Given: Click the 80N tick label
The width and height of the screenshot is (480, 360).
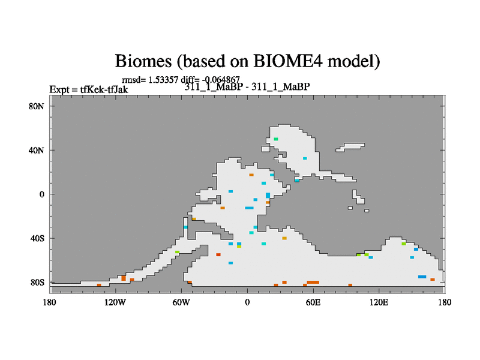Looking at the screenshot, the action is tap(37, 107).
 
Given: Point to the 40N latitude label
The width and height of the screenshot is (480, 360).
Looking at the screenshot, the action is tap(37, 151).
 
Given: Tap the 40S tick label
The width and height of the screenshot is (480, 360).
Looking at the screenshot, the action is tap(37, 238).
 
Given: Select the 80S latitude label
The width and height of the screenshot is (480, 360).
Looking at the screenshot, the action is tap(37, 282).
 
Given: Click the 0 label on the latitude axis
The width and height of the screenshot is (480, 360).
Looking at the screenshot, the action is tap(41, 194).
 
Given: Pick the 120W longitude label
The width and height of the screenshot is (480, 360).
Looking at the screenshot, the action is tap(115, 302).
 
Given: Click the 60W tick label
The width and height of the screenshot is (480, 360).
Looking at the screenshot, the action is tap(181, 302).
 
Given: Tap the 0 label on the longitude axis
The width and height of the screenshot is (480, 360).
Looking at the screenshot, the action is tap(247, 302).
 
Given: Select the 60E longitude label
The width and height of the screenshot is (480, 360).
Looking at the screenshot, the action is tap(313, 302).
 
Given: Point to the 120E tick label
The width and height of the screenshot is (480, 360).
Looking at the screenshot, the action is tap(379, 302).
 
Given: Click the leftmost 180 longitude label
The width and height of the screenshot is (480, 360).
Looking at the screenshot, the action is tap(50, 302).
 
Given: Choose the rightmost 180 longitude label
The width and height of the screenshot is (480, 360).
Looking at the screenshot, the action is tap(445, 302).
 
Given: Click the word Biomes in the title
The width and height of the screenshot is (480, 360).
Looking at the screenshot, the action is tap(143, 61).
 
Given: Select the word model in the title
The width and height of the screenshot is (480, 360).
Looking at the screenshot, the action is tap(352, 61).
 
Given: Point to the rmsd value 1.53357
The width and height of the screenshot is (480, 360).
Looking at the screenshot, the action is tap(163, 80).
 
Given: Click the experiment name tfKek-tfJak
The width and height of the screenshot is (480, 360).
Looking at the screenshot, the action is tap(104, 89).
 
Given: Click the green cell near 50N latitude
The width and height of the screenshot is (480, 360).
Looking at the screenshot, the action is tap(276, 139).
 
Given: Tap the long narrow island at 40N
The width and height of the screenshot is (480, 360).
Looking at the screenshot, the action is tap(350, 147).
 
